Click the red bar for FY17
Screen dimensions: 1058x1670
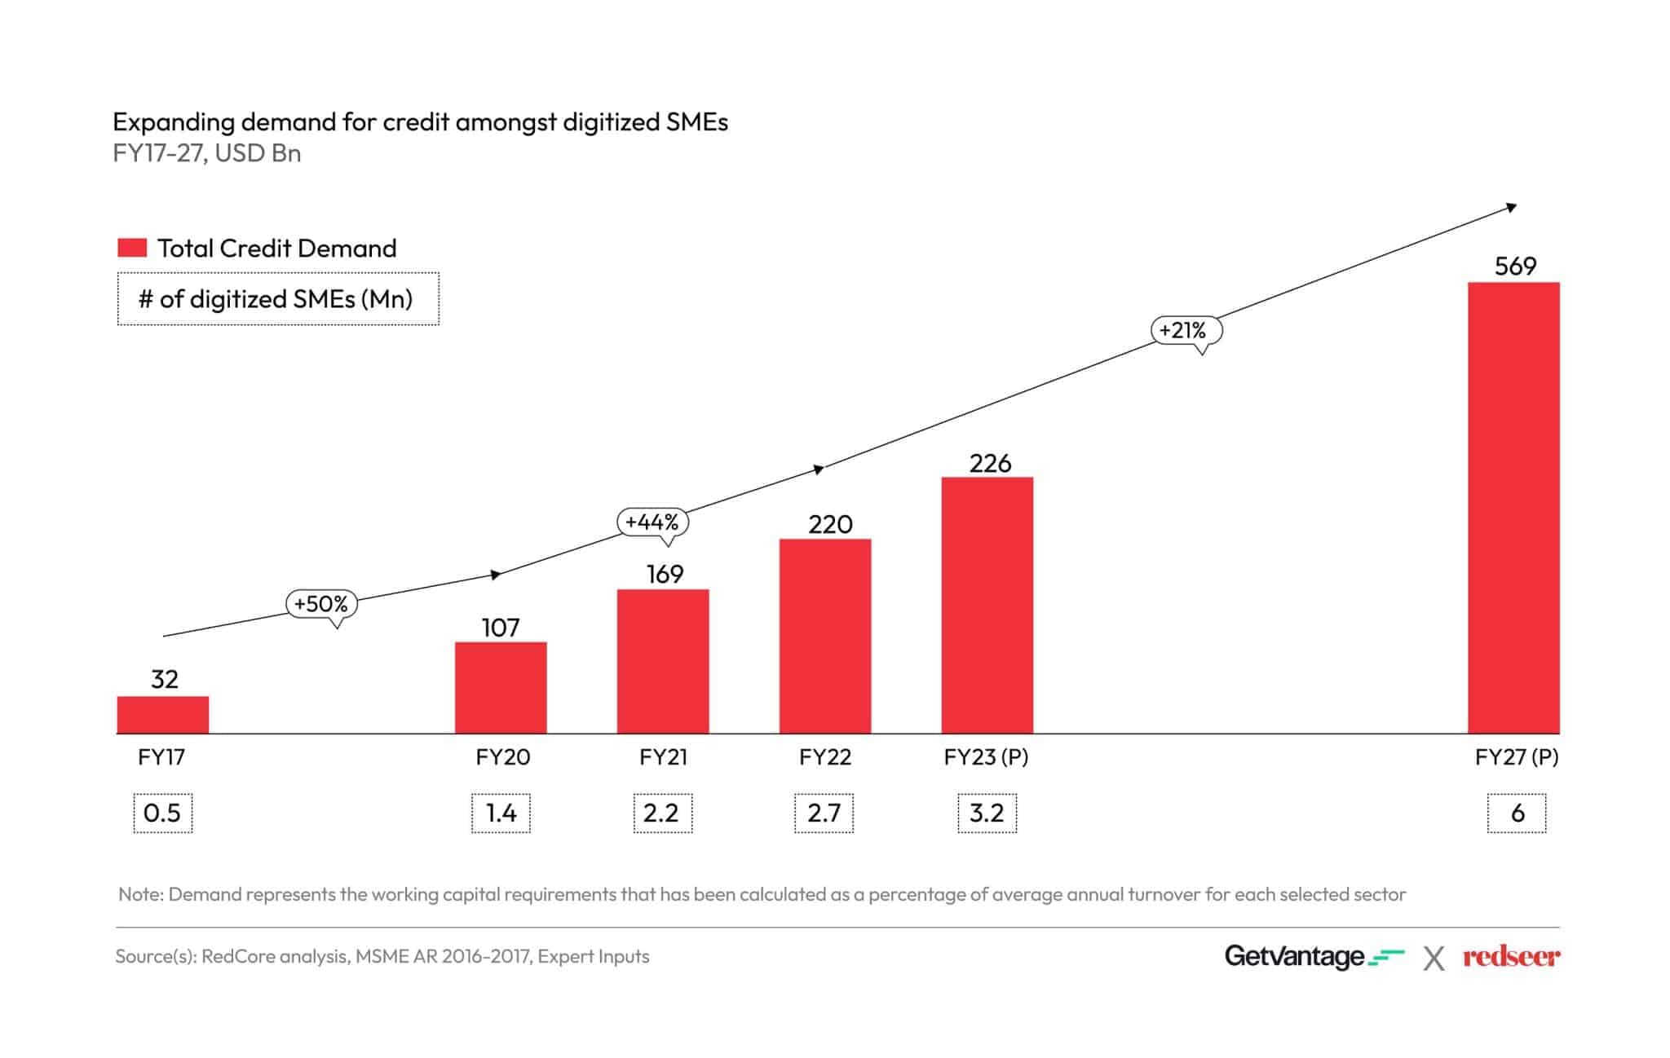click(x=162, y=715)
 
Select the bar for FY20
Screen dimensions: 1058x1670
click(x=501, y=688)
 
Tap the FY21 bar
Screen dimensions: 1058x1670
click(x=663, y=661)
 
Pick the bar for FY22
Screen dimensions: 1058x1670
click(x=825, y=636)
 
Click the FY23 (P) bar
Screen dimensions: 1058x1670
click(x=987, y=605)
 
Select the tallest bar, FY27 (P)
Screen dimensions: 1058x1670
click(x=1513, y=508)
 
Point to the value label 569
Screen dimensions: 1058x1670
click(x=1515, y=267)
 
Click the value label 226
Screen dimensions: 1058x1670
click(x=990, y=464)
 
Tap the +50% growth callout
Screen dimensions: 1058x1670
click(x=321, y=604)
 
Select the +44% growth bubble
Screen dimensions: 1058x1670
click(x=652, y=522)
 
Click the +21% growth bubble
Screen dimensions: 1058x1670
click(x=1186, y=330)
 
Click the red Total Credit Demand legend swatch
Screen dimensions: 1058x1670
click(x=132, y=248)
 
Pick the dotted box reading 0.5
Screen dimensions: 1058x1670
click(x=162, y=813)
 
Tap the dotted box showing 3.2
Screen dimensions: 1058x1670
click(x=987, y=813)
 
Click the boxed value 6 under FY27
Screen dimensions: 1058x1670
click(x=1517, y=813)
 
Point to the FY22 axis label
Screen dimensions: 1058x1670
click(x=824, y=757)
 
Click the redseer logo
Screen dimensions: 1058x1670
click(x=1511, y=957)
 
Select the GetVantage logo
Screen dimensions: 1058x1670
click(x=1313, y=956)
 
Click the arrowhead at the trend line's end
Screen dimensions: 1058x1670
click(x=1511, y=208)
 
